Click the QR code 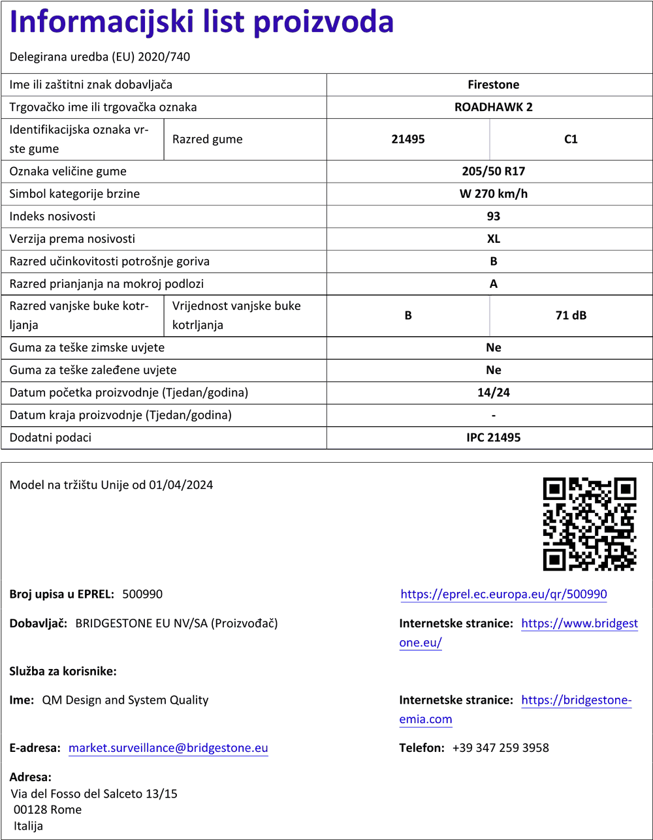pyautogui.click(x=590, y=524)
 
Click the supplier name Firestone pyautogui.click(x=493, y=84)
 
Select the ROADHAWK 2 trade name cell pyautogui.click(x=493, y=107)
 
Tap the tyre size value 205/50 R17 pyautogui.click(x=493, y=172)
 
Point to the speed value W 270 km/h pyautogui.click(x=493, y=194)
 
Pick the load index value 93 pyautogui.click(x=493, y=216)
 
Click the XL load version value pyautogui.click(x=493, y=239)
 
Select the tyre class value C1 pyautogui.click(x=571, y=139)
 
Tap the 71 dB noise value pyautogui.click(x=571, y=315)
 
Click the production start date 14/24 pyautogui.click(x=493, y=393)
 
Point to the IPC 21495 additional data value pyautogui.click(x=493, y=437)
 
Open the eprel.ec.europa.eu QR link pyautogui.click(x=503, y=595)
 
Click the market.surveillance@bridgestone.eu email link pyautogui.click(x=168, y=748)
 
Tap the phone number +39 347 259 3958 pyautogui.click(x=500, y=748)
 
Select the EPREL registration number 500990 pyautogui.click(x=142, y=594)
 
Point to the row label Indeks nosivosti pyautogui.click(x=52, y=216)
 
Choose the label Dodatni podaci pyautogui.click(x=50, y=437)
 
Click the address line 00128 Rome pyautogui.click(x=48, y=810)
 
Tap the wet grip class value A pyautogui.click(x=493, y=284)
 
